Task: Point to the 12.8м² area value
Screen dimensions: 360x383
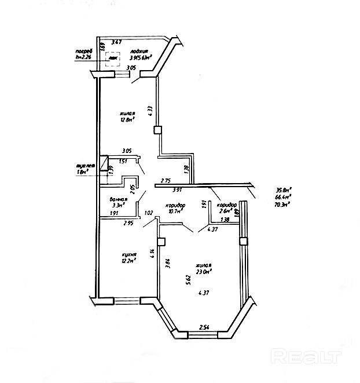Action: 127,120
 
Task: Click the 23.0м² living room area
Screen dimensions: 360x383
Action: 204,271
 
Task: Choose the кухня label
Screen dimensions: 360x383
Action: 129,254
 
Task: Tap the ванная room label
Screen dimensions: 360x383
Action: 118,199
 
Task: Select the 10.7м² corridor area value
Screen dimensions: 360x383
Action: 174,211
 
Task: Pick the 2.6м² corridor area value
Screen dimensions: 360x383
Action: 225,211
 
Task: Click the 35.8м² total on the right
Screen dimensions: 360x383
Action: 283,189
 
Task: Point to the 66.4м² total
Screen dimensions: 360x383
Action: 283,197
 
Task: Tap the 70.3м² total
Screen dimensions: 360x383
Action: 283,204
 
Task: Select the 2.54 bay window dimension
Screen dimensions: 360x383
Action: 204,328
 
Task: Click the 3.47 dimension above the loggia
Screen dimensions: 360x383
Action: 117,42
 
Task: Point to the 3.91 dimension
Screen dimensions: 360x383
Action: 178,190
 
